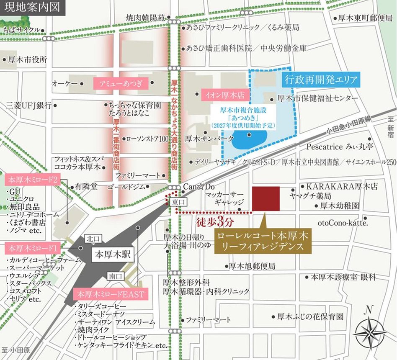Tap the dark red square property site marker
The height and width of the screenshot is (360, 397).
[266, 199]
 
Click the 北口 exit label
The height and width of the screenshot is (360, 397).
[91, 239]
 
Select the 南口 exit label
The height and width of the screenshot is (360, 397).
[114, 276]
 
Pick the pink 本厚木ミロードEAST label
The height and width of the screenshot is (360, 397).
[110, 294]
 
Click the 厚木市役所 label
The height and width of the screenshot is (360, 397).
[27, 60]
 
